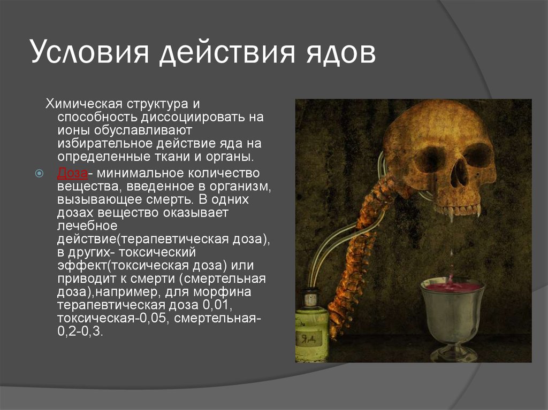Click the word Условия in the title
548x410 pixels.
click(90, 52)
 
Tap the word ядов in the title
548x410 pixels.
click(341, 53)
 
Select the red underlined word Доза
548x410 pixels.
click(72, 173)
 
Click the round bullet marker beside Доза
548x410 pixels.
click(40, 173)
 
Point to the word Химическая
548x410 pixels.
click(84, 104)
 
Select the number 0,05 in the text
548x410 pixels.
click(154, 319)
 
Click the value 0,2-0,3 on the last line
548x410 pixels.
click(80, 331)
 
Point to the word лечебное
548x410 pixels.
click(87, 226)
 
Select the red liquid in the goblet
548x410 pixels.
click(452, 287)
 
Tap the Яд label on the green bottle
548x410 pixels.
click(308, 338)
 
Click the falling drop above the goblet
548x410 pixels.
click(452, 252)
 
